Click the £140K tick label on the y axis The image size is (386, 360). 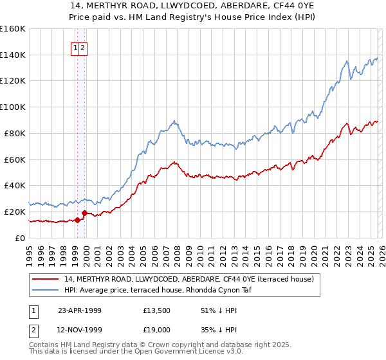pos(13,55)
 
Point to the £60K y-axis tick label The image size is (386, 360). pos(15,159)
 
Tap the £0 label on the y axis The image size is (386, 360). pos(21,238)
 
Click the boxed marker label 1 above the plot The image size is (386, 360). pos(75,48)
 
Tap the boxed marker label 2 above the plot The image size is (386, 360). pos(83,48)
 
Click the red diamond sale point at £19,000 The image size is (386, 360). pos(84,213)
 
